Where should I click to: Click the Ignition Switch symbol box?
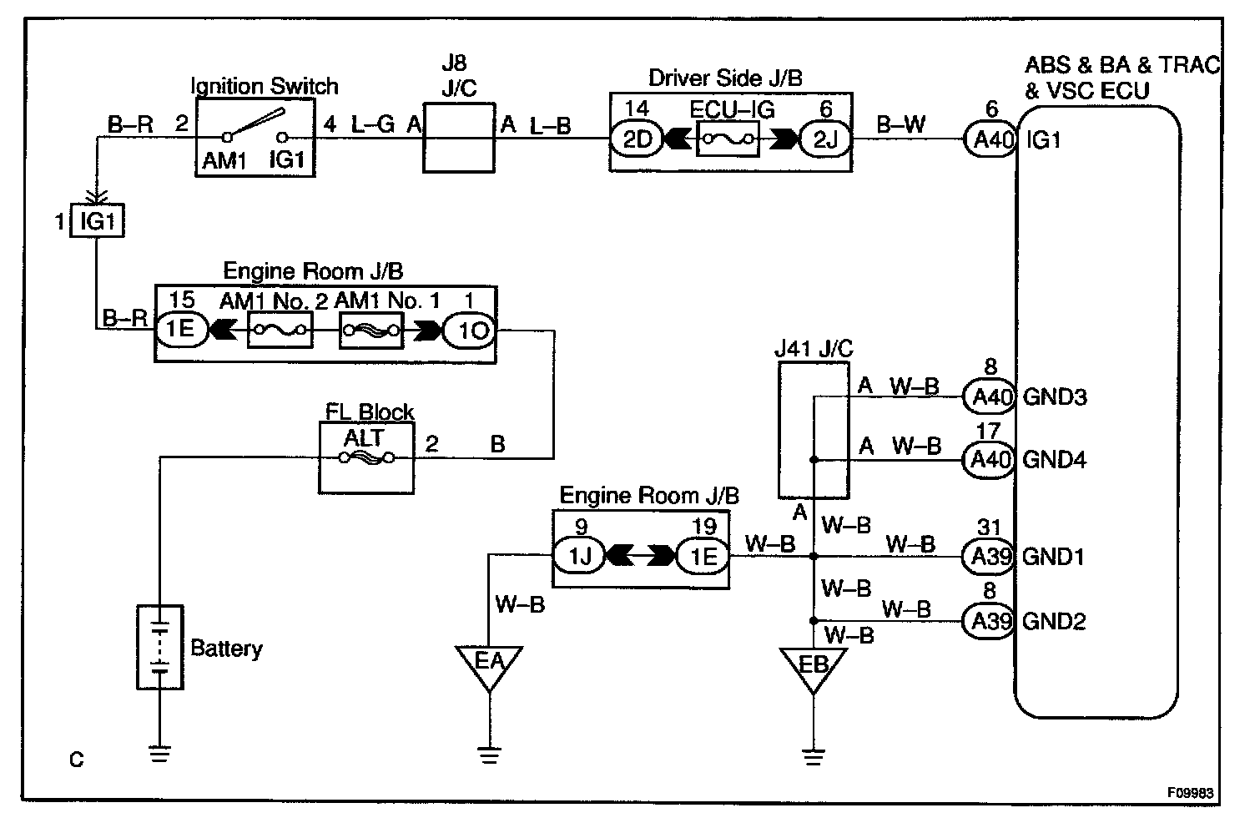click(x=255, y=137)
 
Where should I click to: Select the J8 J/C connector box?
click(x=457, y=138)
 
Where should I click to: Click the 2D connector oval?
click(x=638, y=139)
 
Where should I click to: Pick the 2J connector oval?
click(x=824, y=139)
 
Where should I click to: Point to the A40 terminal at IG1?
click(x=990, y=139)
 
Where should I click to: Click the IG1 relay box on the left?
click(x=97, y=223)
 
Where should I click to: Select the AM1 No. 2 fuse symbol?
click(x=280, y=331)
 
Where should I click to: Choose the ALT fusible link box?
click(x=366, y=457)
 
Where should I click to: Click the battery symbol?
click(x=159, y=648)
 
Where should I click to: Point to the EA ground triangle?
click(x=490, y=664)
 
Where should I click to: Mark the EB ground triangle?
click(x=813, y=668)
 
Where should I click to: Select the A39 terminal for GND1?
click(x=990, y=556)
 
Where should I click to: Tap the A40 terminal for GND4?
click(x=990, y=459)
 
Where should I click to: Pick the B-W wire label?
click(x=901, y=124)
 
